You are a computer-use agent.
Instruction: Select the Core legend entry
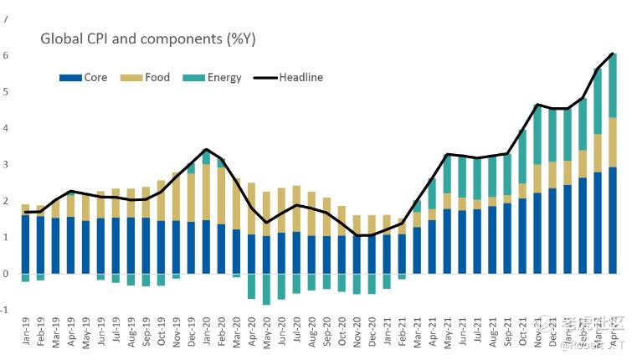point(84,78)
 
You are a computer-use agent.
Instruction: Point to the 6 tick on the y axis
point(6,55)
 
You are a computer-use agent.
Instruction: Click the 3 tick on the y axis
point(6,165)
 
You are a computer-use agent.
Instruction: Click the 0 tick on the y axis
point(6,274)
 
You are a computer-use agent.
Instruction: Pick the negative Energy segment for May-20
point(266,289)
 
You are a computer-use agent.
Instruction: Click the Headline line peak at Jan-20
point(206,150)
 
